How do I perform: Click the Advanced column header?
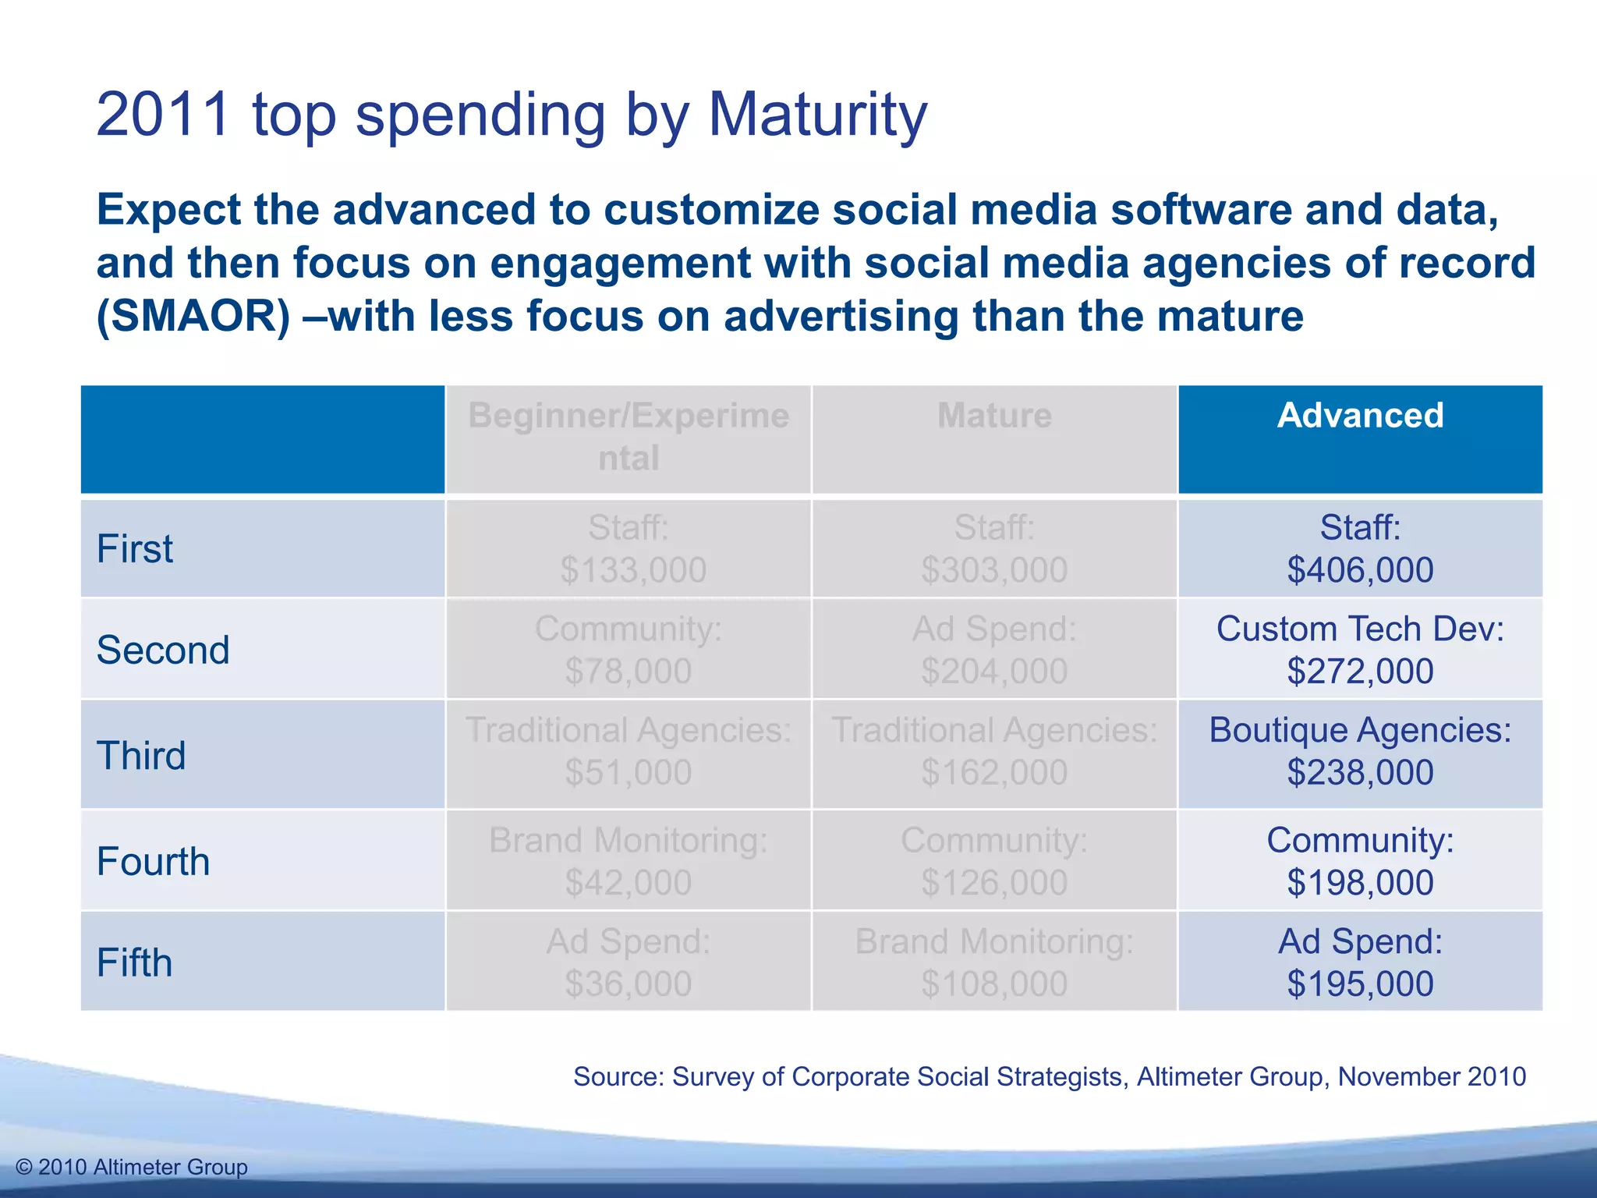point(1360,416)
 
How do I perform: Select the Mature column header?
point(994,416)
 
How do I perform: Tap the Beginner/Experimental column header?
point(629,437)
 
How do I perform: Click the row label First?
point(135,548)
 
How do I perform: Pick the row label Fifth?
point(134,962)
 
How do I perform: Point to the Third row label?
point(141,755)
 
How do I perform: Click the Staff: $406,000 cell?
point(1360,548)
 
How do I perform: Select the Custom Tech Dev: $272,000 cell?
point(1360,649)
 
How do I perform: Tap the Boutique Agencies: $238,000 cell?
point(1360,751)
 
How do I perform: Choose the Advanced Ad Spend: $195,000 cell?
point(1360,962)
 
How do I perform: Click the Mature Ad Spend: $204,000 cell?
point(994,649)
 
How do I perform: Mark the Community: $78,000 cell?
point(629,649)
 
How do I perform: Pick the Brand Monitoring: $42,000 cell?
point(629,861)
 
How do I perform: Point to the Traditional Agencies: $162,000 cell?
point(994,751)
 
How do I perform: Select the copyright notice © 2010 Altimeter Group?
point(132,1167)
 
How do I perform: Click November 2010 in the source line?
point(1432,1076)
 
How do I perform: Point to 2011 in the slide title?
point(163,115)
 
